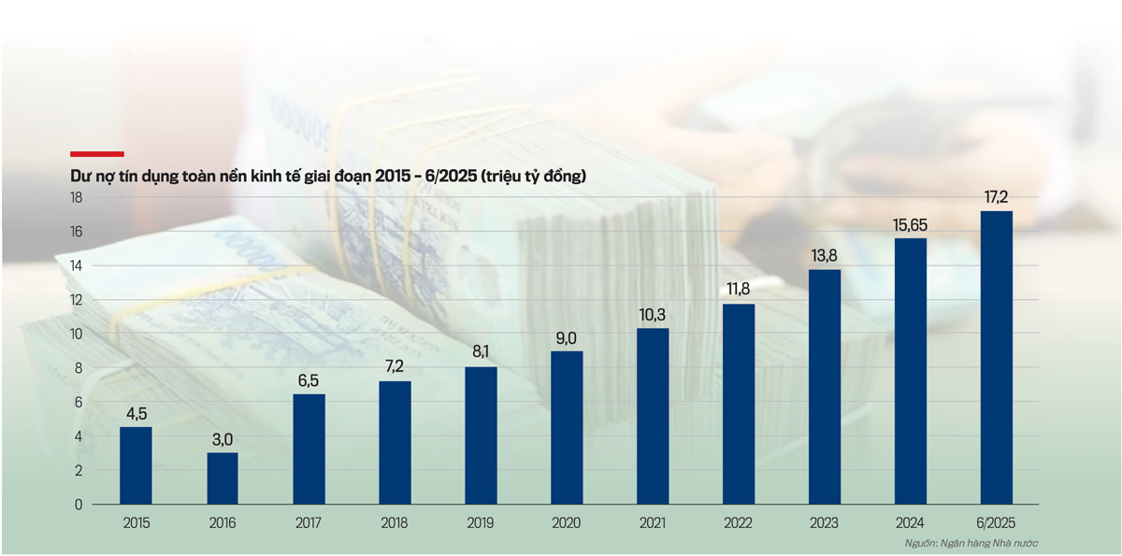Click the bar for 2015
[136, 465]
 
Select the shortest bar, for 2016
[222, 478]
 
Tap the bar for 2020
[567, 428]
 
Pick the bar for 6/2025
[996, 358]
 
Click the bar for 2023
[824, 387]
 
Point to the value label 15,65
[911, 225]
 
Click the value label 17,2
[997, 198]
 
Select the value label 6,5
[308, 381]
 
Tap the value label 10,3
[653, 315]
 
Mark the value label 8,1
[481, 354]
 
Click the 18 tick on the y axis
[77, 197]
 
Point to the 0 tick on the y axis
[79, 505]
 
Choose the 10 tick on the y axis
[77, 334]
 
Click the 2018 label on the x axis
[395, 523]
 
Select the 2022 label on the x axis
[739, 523]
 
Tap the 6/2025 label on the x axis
[996, 523]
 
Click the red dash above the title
[97, 154]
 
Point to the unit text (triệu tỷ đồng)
[532, 175]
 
